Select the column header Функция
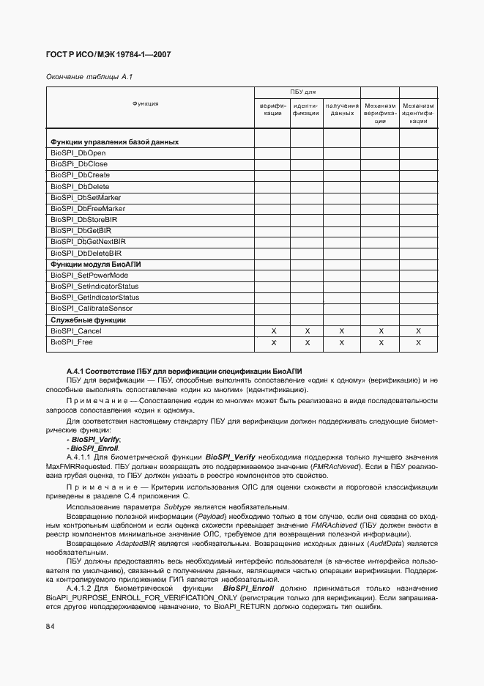(146, 104)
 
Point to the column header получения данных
(342, 110)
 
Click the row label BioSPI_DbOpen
(78, 152)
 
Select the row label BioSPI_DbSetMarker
(86, 197)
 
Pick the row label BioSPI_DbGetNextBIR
(88, 242)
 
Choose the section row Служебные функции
(88, 320)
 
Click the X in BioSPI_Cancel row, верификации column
(273, 331)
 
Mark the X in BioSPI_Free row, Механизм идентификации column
(418, 342)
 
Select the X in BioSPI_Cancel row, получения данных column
(342, 331)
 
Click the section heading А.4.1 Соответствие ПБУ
(184, 372)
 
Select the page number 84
(51, 626)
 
